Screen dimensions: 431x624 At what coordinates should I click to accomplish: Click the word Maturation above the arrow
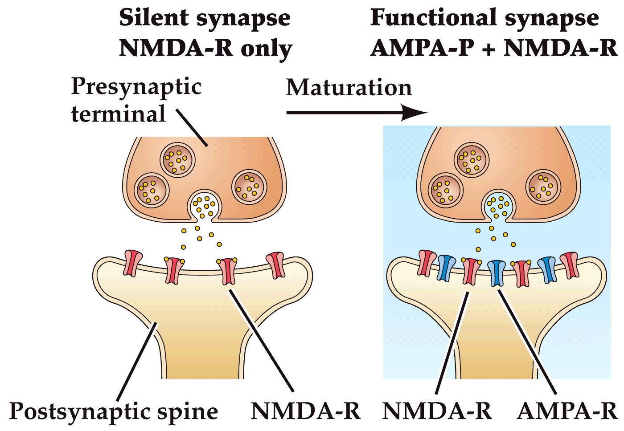tap(349, 88)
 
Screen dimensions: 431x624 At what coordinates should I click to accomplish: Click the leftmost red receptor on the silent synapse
tap(133, 263)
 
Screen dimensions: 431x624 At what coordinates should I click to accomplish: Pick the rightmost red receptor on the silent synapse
tap(275, 265)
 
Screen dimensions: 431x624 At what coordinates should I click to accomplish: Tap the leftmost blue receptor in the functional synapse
tap(446, 268)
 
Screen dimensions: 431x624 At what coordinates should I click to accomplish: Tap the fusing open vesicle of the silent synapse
tap(205, 206)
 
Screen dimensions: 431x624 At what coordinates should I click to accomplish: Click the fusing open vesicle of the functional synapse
tap(498, 206)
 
